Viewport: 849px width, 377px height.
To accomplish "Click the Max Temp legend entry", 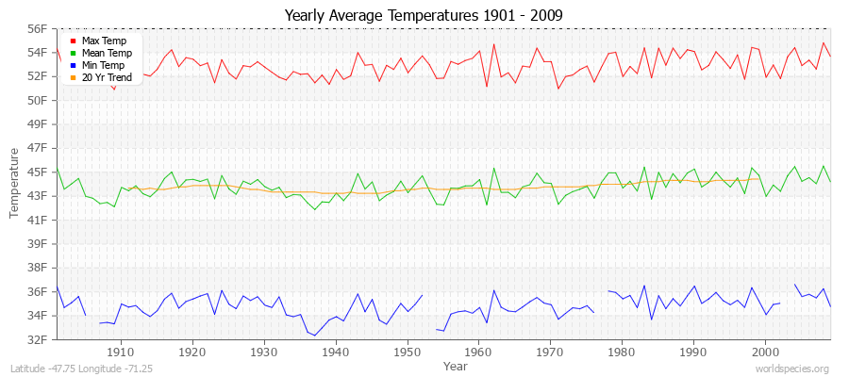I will coord(103,41).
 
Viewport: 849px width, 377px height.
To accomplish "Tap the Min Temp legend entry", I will coord(103,66).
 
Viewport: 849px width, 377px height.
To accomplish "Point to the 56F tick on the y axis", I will coord(35,28).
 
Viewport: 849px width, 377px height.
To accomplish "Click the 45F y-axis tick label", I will coord(35,172).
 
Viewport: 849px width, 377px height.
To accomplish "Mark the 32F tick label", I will coord(35,339).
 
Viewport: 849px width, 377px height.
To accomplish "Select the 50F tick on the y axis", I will coord(35,100).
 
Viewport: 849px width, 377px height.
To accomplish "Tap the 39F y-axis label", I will coord(35,243).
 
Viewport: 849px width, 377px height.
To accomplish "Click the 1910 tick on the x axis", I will coord(120,352).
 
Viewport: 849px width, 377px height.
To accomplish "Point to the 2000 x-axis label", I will coord(764,352).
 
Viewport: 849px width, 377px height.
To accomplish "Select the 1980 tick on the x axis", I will coord(621,352).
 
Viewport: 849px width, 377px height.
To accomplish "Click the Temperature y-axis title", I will coord(14,183).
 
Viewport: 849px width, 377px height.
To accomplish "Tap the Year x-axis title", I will coord(455,366).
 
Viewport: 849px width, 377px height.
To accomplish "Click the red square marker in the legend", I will coord(73,41).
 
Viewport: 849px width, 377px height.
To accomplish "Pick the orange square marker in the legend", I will coord(73,78).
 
